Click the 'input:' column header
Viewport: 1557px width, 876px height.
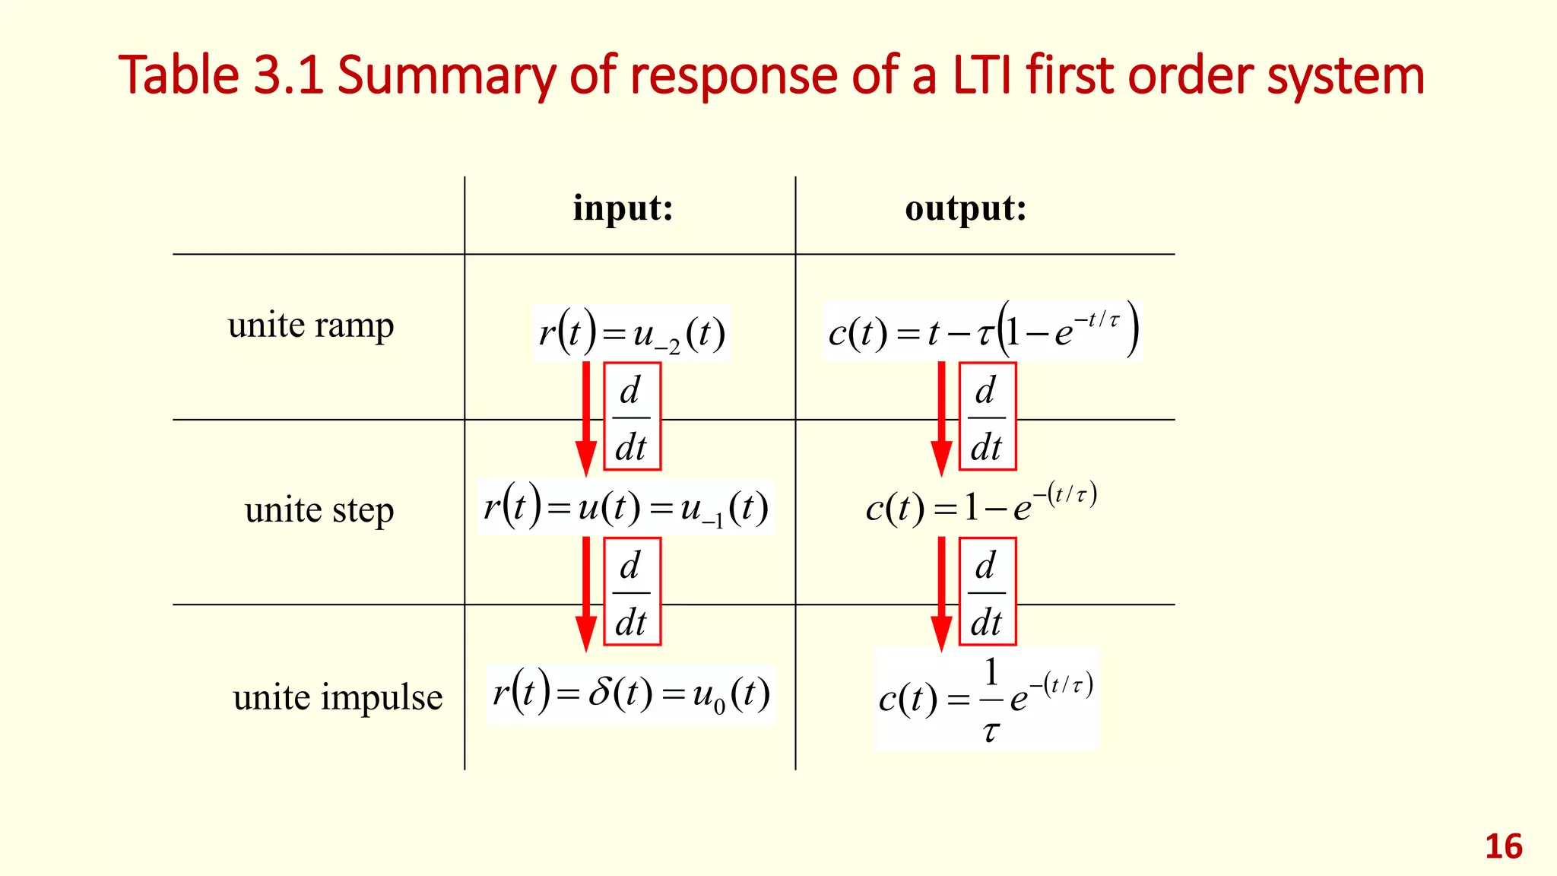pyautogui.click(x=623, y=208)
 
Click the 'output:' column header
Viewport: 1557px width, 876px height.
pyautogui.click(x=966, y=208)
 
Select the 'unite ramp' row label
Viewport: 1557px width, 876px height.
pyautogui.click(x=311, y=325)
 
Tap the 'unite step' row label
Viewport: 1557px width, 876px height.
pyautogui.click(x=319, y=509)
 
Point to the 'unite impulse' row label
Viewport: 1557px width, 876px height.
pyautogui.click(x=338, y=697)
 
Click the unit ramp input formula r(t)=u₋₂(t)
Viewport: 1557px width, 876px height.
pyautogui.click(x=631, y=333)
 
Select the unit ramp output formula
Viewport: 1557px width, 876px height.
pyautogui.click(x=983, y=331)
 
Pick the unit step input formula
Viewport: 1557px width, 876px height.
pyautogui.click(x=625, y=507)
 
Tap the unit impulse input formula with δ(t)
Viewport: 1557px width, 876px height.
pyautogui.click(x=630, y=694)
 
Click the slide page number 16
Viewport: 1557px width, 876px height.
pyautogui.click(x=1503, y=847)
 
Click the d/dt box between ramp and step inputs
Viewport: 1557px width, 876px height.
pyautogui.click(x=632, y=417)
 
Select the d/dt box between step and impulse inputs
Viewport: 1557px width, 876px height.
pyautogui.click(x=632, y=592)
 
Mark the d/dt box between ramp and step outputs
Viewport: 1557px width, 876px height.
pyautogui.click(x=987, y=417)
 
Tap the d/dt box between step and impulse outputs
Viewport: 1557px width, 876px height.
pyautogui.click(x=987, y=592)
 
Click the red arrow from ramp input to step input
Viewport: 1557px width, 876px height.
pyautogui.click(x=585, y=418)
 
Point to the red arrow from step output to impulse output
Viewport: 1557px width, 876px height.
pyautogui.click(x=941, y=593)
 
